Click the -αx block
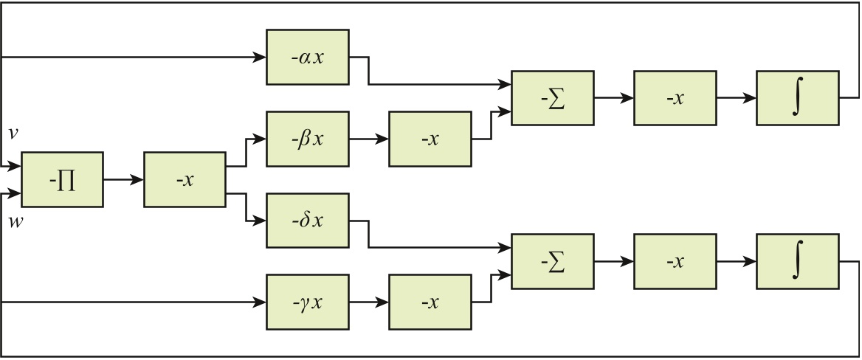tap(307, 57)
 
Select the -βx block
tap(307, 139)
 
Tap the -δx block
tap(307, 221)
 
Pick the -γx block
tap(307, 302)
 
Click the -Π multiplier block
tap(63, 179)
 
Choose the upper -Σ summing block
tap(552, 98)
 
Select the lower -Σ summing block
tap(552, 261)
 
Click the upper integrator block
tap(797, 98)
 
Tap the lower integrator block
tap(797, 261)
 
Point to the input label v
tap(13, 134)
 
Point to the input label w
tap(14, 222)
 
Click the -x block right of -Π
tap(185, 179)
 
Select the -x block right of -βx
tap(430, 139)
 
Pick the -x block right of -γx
tap(430, 302)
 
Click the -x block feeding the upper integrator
tap(675, 98)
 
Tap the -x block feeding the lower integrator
tap(675, 261)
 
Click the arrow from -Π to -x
tap(123, 179)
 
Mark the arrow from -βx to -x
tap(368, 139)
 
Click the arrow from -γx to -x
tap(368, 302)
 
